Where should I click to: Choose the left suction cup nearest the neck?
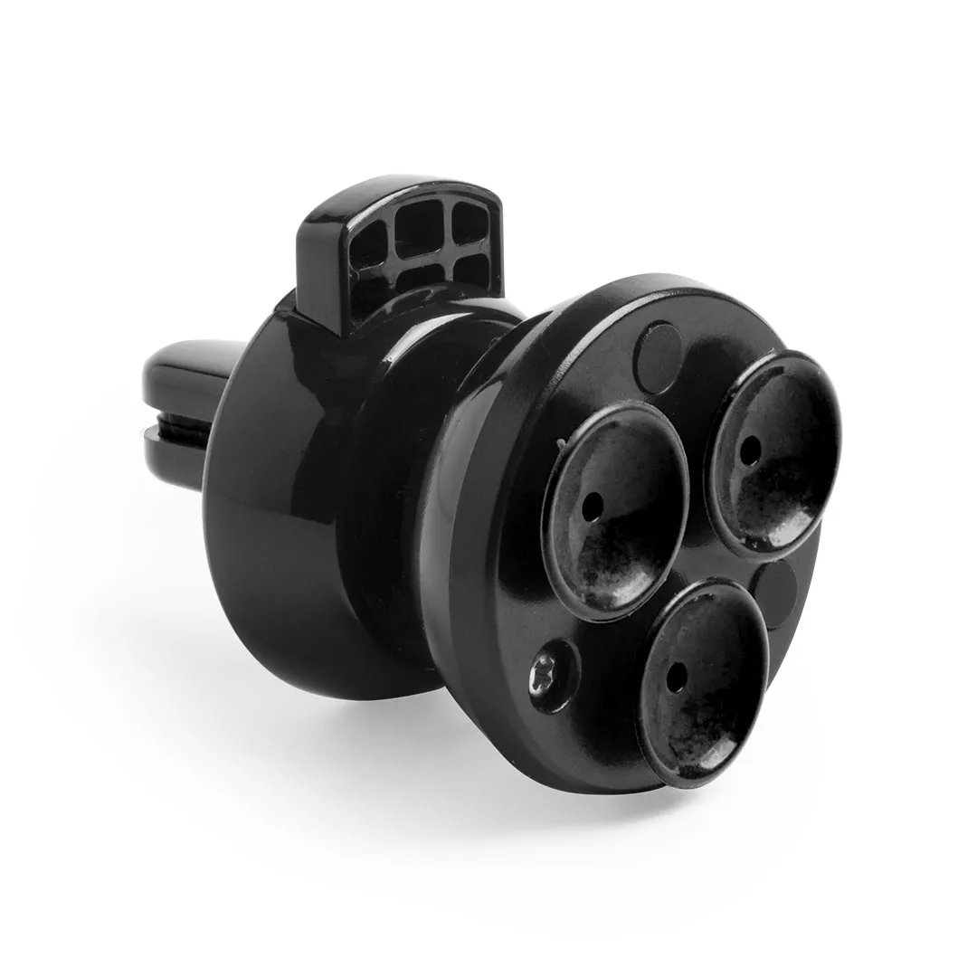coord(614,510)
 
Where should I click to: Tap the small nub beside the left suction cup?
coord(562,442)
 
